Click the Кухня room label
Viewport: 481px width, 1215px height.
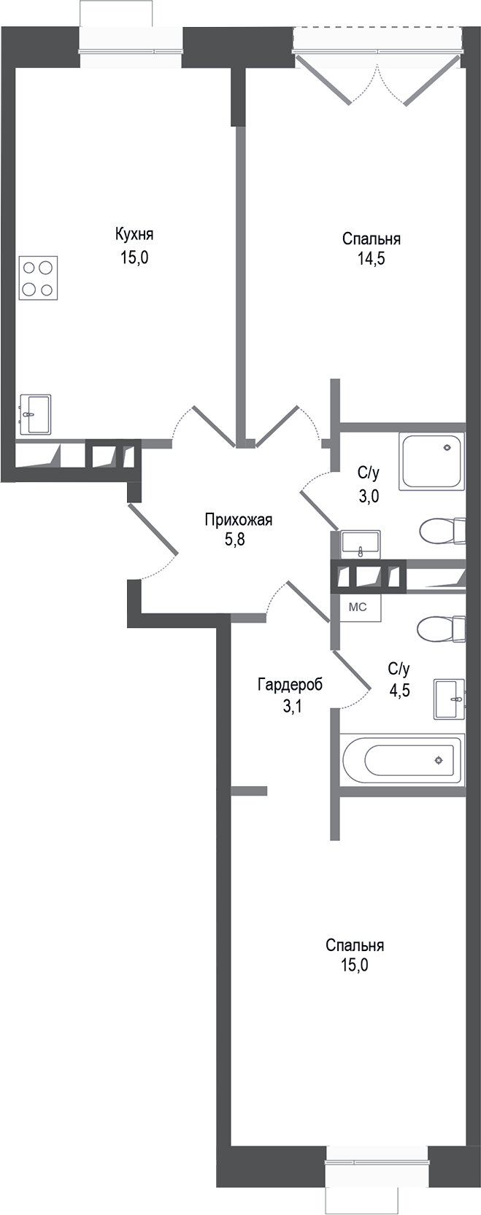pos(134,234)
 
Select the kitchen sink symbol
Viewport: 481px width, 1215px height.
pos(35,414)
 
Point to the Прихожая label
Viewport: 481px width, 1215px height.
pos(238,520)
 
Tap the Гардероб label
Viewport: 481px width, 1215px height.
pos(289,685)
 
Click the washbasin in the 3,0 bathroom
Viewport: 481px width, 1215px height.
pos(360,543)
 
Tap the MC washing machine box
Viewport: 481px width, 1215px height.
pos(357,607)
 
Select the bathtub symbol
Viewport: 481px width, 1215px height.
pos(403,759)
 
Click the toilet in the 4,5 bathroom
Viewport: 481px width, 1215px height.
pos(442,629)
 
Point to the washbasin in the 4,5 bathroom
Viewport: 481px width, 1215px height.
pos(448,698)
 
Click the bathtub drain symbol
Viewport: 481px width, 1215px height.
pos(438,760)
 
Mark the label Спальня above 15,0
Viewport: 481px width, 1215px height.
pos(355,945)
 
